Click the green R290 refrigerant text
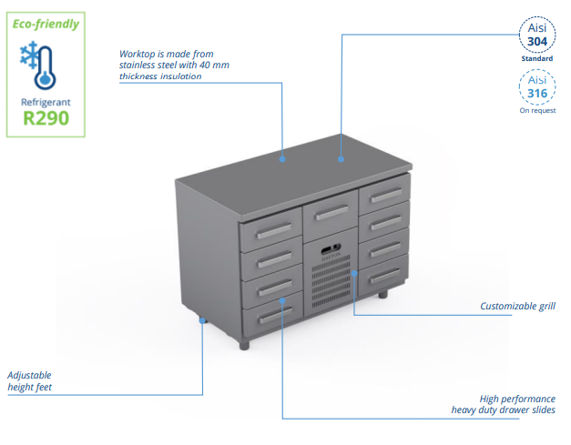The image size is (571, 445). pos(46,118)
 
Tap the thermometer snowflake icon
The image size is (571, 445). pos(38,66)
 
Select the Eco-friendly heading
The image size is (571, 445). pos(46,24)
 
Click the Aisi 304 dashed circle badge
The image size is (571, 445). pos(537,35)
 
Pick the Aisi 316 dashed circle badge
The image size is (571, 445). pos(537,87)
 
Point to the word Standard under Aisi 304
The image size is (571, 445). pos(537,58)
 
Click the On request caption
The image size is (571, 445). pos(537,110)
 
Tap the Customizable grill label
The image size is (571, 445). pos(517,306)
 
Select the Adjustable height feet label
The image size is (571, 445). pos(29,381)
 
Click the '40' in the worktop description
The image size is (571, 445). pos(205,66)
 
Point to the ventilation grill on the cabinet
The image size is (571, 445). pos(331,281)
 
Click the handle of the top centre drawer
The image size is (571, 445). pos(331,213)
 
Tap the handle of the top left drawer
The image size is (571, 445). pos(274,231)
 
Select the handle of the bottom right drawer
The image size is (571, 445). pos(385,276)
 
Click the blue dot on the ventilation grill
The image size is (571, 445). pos(354,273)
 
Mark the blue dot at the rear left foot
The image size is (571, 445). pos(202,320)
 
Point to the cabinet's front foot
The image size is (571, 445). pos(244,345)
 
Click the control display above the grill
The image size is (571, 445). pos(331,248)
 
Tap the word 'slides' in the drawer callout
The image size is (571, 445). pos(543,410)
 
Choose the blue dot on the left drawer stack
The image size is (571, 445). pos(282,300)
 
